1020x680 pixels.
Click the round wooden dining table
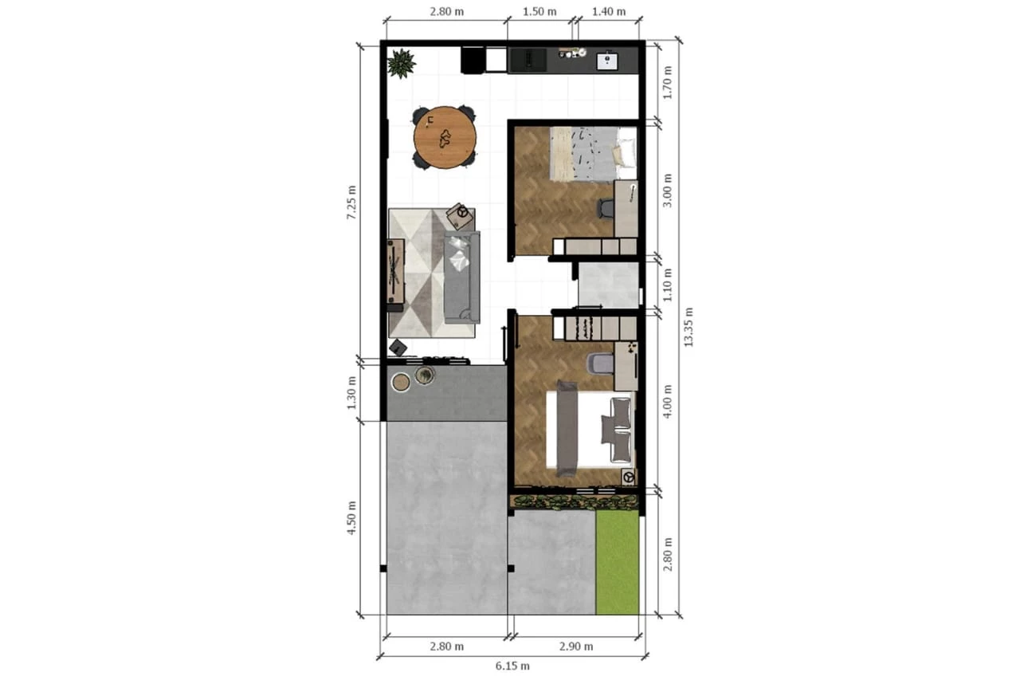tap(445, 138)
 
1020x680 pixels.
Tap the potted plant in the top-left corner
tap(401, 64)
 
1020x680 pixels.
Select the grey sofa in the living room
tap(461, 277)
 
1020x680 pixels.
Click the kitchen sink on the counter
tap(607, 61)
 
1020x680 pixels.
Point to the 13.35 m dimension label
tap(688, 327)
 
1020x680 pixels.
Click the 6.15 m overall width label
tap(512, 666)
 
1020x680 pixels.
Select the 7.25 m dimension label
tap(351, 202)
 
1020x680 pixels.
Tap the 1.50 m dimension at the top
tap(539, 11)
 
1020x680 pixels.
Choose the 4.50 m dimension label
tap(351, 518)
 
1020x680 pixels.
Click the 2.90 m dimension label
tap(576, 647)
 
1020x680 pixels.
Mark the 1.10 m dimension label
tap(667, 285)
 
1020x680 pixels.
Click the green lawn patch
tap(618, 562)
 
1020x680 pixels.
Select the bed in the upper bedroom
tap(593, 153)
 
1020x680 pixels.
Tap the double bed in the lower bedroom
tap(590, 430)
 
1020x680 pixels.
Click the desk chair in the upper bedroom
tap(605, 208)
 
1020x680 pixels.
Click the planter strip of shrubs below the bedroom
tap(575, 502)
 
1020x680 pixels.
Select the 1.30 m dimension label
tap(351, 392)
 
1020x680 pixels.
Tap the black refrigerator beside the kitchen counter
tap(473, 60)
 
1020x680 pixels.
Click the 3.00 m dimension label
tap(667, 191)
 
